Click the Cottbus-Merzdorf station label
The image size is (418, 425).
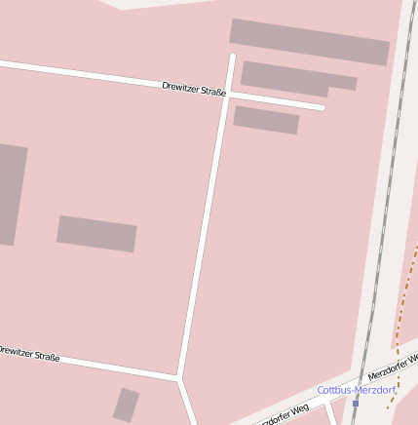pos(356,390)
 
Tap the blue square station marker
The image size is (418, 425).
pos(356,403)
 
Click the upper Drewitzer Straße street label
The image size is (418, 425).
pos(194,91)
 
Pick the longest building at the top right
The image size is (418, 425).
pos(310,41)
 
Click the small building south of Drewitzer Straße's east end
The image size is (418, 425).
pos(266,120)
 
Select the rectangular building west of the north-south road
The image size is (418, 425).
pos(96,234)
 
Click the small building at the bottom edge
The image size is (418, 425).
pos(126,405)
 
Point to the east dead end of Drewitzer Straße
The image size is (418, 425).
pos(321,106)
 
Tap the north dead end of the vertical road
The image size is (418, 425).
pos(232,57)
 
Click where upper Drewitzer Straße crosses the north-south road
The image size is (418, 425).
pos(228,95)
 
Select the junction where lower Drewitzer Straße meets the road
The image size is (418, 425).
pos(178,377)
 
